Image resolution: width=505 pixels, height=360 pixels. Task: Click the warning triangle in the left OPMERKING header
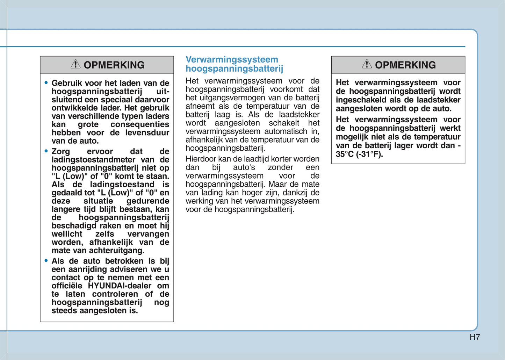[x=75, y=64]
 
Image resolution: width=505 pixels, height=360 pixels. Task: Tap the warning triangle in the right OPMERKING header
[x=367, y=64]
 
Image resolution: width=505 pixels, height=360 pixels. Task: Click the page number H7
[x=475, y=337]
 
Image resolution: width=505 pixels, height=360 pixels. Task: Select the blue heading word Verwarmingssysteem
[x=232, y=60]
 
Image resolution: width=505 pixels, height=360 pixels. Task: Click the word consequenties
[x=139, y=124]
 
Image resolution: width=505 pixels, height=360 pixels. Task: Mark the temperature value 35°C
[x=345, y=154]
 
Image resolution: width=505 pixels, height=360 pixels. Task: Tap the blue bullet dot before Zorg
[x=46, y=151]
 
